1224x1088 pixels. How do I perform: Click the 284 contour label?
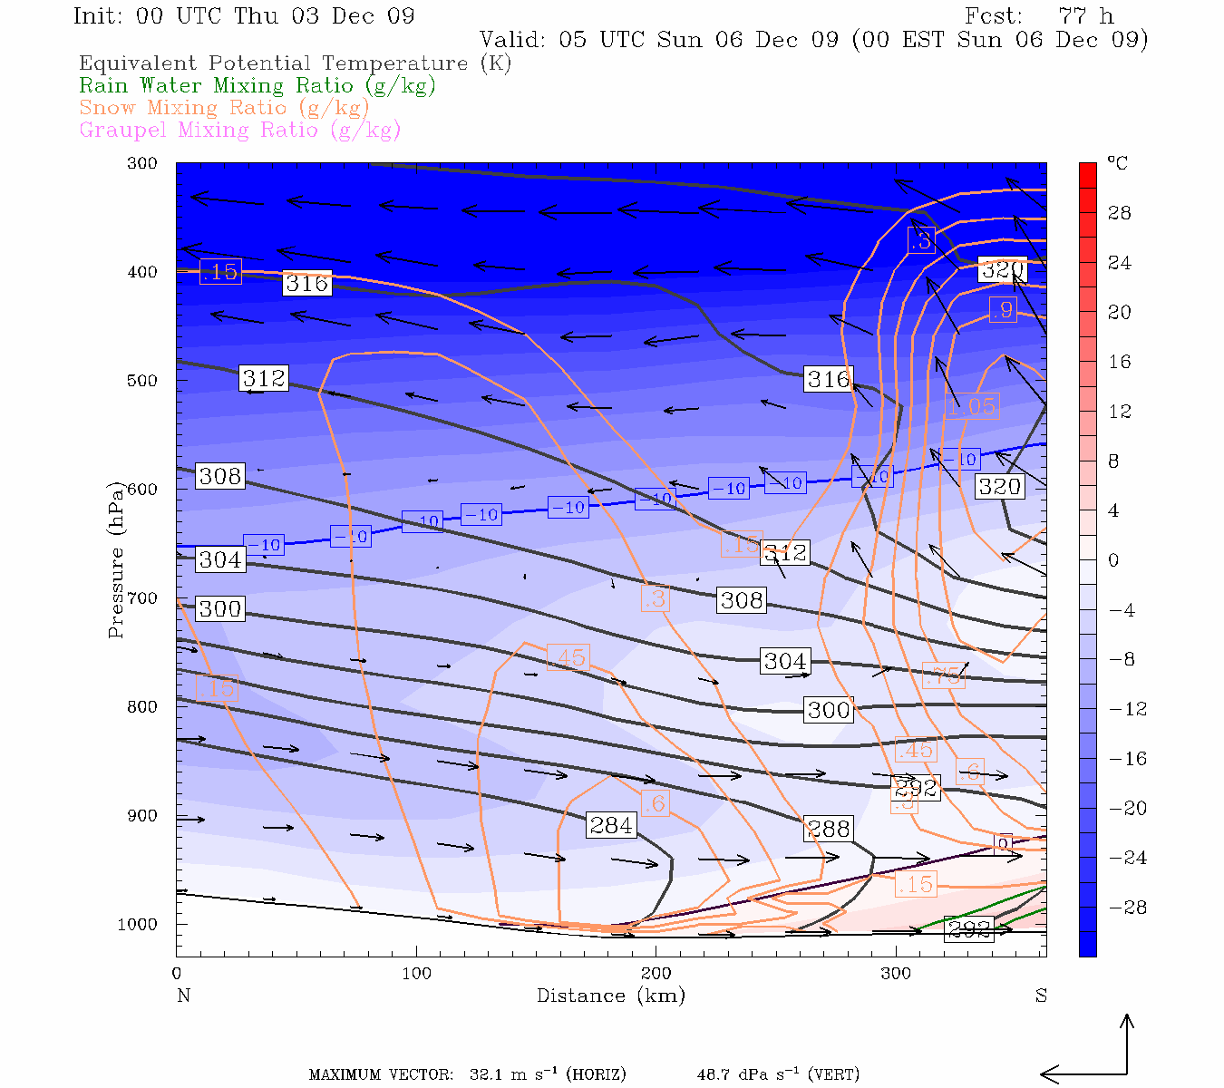coord(611,825)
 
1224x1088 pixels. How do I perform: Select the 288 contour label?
coord(828,829)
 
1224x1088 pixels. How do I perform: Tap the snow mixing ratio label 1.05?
coord(972,406)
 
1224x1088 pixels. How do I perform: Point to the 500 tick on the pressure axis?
coord(141,381)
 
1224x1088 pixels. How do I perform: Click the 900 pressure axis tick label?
coord(141,816)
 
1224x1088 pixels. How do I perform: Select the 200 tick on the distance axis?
coord(656,973)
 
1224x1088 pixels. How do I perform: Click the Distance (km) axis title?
coord(610,996)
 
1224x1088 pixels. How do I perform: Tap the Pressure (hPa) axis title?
coord(115,561)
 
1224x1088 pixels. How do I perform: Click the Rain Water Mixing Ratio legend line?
coord(257,86)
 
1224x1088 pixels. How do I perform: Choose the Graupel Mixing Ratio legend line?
coord(239,130)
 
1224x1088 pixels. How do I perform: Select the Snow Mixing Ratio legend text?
coord(224,108)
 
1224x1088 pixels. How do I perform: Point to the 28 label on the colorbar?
coord(1120,213)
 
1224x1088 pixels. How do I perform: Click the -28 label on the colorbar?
coord(1128,908)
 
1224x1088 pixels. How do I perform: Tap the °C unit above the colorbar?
coord(1117,163)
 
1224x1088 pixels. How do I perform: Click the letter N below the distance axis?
coord(184,996)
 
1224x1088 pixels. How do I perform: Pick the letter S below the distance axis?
coord(1041,996)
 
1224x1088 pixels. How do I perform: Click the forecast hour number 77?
coord(1072,16)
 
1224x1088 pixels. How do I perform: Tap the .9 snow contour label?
coord(1002,310)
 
